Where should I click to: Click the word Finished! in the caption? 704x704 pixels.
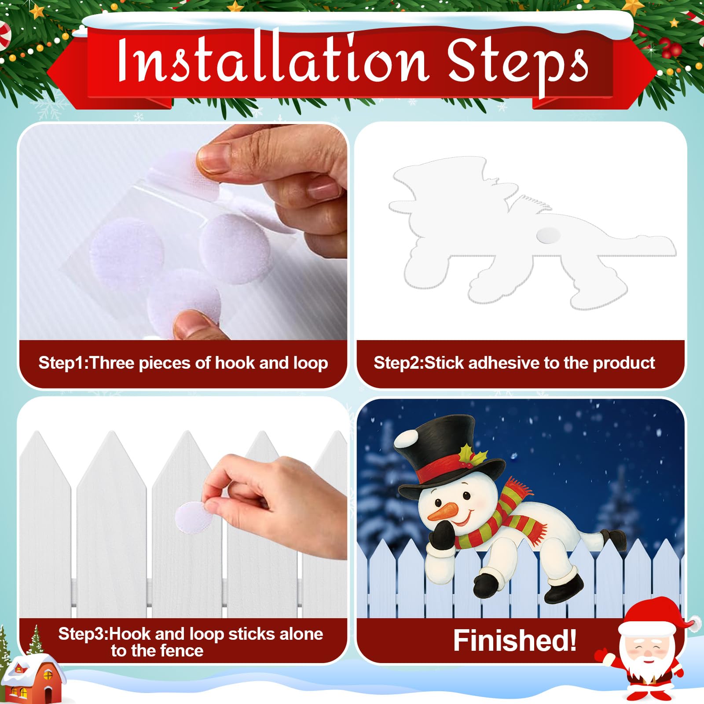(x=514, y=640)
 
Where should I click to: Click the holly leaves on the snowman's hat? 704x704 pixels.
(x=471, y=455)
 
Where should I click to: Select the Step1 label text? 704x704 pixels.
(x=183, y=363)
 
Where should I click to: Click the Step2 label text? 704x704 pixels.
(x=514, y=363)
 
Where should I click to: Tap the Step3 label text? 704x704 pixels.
(x=190, y=642)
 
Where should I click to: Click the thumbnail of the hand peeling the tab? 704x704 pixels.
(x=183, y=232)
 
